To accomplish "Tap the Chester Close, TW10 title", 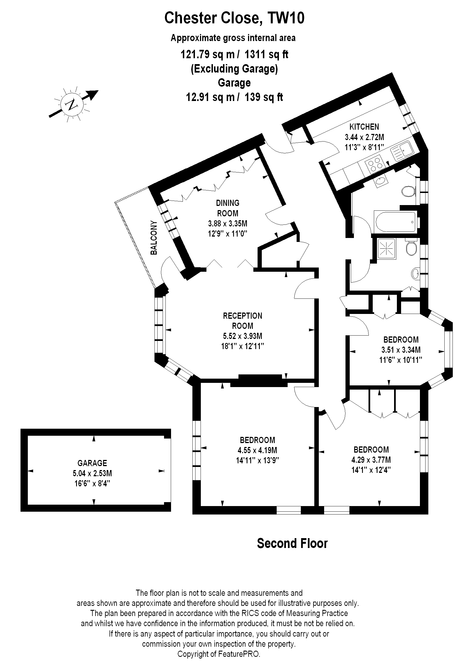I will (x=234, y=18).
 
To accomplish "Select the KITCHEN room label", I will (x=364, y=127).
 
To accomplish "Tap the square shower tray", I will (x=386, y=248).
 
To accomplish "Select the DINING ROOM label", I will (x=228, y=208).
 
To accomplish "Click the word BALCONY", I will (x=154, y=238).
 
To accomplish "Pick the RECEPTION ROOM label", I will (x=242, y=320).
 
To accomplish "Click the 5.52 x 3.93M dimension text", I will (x=242, y=336).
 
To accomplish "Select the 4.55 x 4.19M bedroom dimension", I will (x=257, y=450).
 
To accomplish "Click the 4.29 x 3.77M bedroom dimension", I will (x=371, y=460).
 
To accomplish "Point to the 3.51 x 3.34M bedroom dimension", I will (x=401, y=350).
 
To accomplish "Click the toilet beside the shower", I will (x=411, y=248).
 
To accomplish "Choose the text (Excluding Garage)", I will (x=234, y=69).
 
